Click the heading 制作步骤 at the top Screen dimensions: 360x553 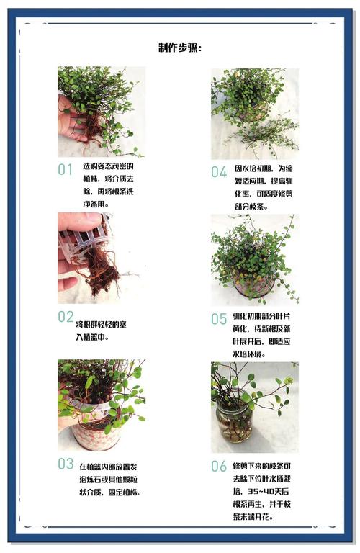[180, 48]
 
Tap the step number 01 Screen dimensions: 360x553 [66, 170]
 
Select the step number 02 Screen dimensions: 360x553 [66, 317]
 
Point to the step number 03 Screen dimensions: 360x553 [66, 464]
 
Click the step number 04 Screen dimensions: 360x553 [219, 172]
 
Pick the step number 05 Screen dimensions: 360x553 [219, 319]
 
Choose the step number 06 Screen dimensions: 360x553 [219, 467]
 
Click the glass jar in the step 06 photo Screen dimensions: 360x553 [234, 421]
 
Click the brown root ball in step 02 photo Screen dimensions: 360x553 [101, 271]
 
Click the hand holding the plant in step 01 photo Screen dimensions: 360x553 [71, 118]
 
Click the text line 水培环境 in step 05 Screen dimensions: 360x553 [249, 354]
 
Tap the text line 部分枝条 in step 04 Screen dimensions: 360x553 [251, 207]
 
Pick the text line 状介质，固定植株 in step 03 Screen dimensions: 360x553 [110, 492]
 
